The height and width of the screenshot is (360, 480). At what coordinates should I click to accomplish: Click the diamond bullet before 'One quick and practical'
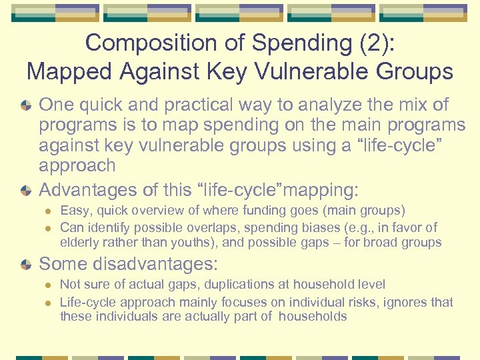point(25,105)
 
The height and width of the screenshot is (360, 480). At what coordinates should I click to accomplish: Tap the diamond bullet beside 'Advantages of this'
point(25,191)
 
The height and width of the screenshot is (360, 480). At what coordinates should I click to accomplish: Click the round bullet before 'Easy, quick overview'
point(47,211)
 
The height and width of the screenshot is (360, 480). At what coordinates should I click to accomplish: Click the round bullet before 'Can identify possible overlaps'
point(47,227)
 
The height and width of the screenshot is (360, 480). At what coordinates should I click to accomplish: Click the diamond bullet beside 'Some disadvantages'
point(25,264)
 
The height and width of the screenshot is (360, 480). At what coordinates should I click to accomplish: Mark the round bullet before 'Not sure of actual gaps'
point(47,285)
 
